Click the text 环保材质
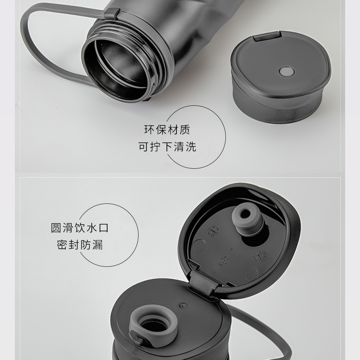(167, 130)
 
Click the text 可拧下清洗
(167, 147)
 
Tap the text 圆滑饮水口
(80, 228)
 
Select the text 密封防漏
(80, 245)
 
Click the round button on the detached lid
(287, 72)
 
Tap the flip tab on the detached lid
(267, 37)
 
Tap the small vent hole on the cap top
(182, 306)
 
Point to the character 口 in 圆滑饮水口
(103, 228)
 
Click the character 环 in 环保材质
(149, 130)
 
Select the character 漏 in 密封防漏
(98, 245)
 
